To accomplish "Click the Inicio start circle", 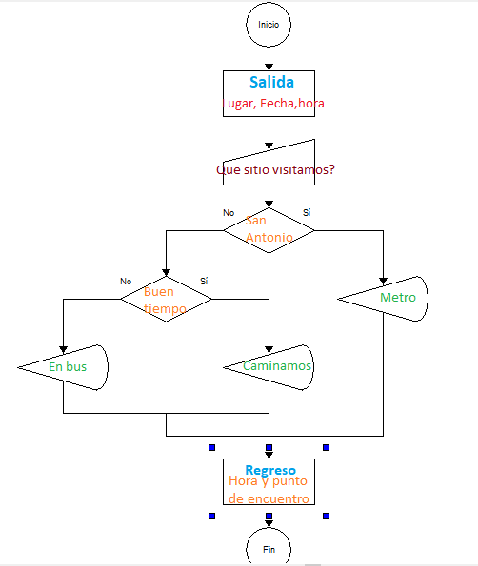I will pos(269,25).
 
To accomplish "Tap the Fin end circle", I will pos(269,548).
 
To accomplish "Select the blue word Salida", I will pos(271,82).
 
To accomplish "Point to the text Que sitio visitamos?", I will pos(275,170).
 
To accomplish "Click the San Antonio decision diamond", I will pos(269,229).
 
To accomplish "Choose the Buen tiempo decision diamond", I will pos(166,299).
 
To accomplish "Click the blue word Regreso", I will pos(270,470).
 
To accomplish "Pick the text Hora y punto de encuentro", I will pos(269,490).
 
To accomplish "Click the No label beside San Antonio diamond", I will pos(229,212).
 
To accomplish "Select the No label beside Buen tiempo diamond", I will pos(126,281).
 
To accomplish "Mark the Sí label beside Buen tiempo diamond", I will pos(204,281).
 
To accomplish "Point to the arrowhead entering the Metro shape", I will pos(383,280).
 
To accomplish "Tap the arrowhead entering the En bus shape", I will pos(63,347).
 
